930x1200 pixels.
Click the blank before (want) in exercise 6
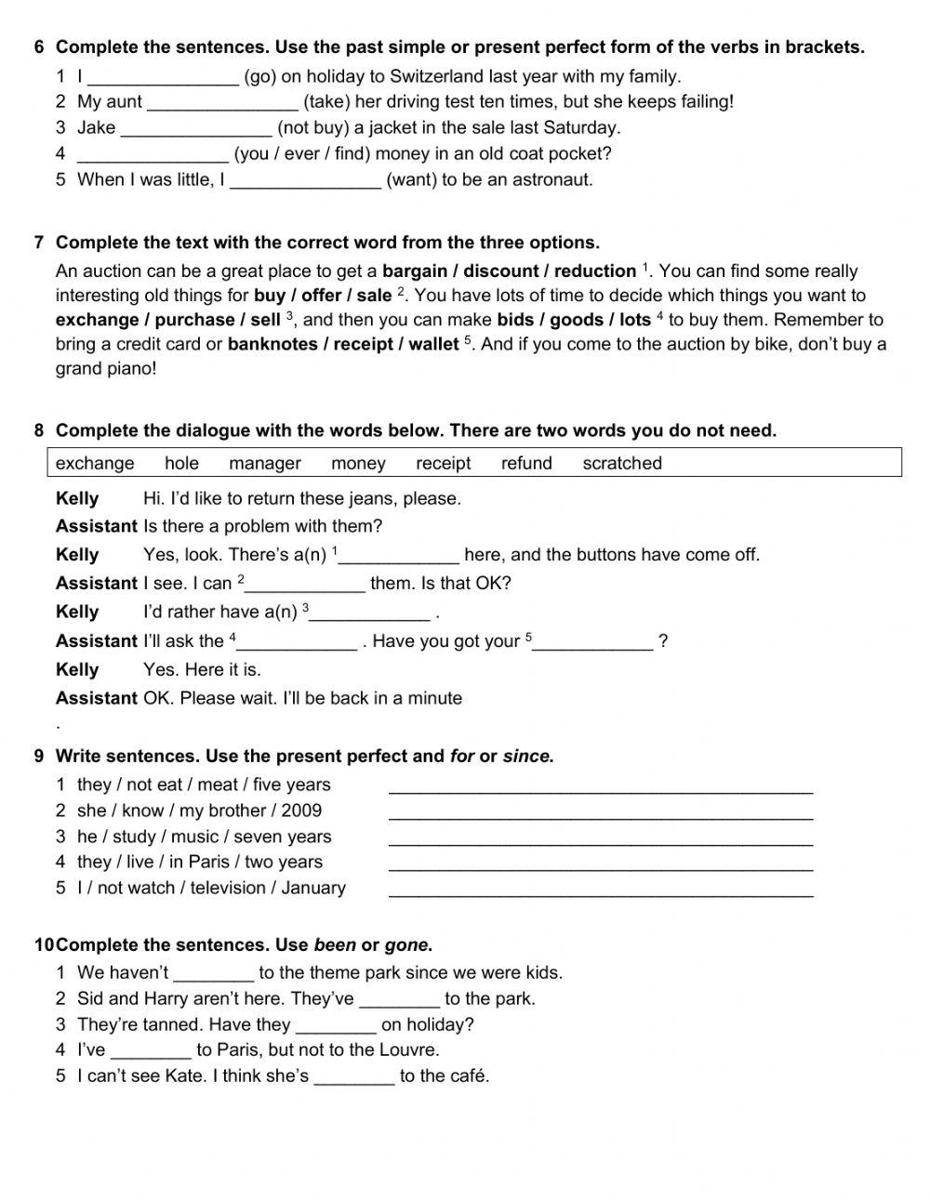tap(305, 180)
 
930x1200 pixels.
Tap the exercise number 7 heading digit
tap(39, 243)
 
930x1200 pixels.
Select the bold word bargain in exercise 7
tap(416, 271)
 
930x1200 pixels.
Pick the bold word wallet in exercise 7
tap(432, 344)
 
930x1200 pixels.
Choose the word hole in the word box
tap(181, 463)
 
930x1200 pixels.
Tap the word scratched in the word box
tap(622, 463)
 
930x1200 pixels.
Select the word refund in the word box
tap(526, 463)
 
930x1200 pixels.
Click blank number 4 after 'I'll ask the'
tap(298, 641)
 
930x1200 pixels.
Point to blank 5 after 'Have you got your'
tap(592, 641)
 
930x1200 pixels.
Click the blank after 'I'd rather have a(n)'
tap(370, 613)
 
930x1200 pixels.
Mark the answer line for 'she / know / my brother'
tap(601, 812)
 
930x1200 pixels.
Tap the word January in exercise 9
tap(313, 888)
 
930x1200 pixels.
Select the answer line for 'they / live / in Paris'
tap(601, 864)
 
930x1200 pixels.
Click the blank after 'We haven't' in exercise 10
tap(214, 974)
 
